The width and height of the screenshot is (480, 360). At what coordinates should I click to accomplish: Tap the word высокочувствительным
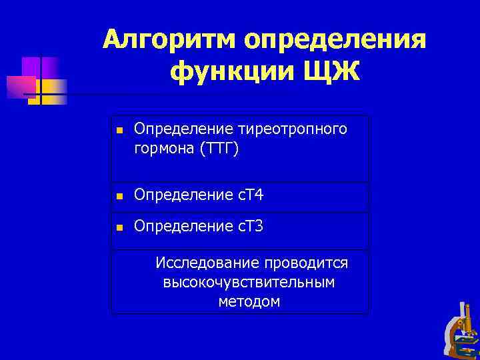click(249, 283)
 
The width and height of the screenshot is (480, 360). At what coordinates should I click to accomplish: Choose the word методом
click(249, 302)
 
